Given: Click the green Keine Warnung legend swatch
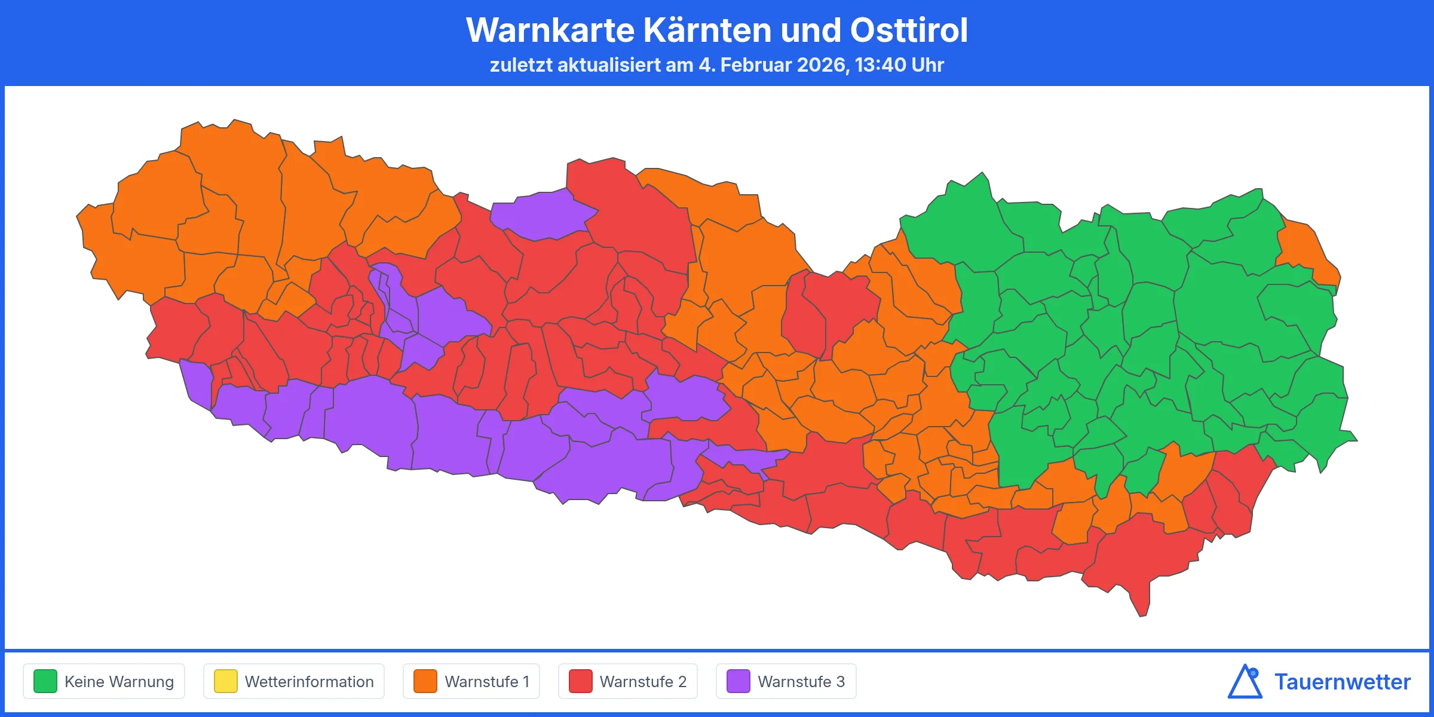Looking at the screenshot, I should pyautogui.click(x=45, y=681).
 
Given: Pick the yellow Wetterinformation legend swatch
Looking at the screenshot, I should pyautogui.click(x=226, y=681).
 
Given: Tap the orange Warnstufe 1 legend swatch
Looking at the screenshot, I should pyautogui.click(x=425, y=681).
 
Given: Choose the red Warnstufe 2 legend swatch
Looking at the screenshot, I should pyautogui.click(x=580, y=681).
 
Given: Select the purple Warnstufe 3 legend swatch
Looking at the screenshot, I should pyautogui.click(x=739, y=681).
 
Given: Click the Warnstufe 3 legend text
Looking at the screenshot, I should pyautogui.click(x=801, y=682).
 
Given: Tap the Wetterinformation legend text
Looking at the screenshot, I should pyautogui.click(x=309, y=682).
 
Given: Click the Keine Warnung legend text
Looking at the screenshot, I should pyautogui.click(x=119, y=682).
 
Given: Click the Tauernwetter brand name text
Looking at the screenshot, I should pyautogui.click(x=1342, y=682).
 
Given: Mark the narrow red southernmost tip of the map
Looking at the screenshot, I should pyautogui.click(x=1142, y=606).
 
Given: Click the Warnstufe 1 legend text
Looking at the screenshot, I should pyautogui.click(x=487, y=682).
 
